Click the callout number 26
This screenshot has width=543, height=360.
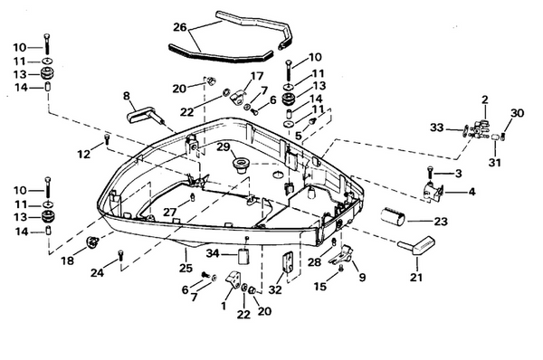tap(181, 27)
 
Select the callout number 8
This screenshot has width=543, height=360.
tap(127, 95)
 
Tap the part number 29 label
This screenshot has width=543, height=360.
tap(222, 146)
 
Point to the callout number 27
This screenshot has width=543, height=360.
tap(168, 212)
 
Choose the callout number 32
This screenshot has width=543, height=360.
tap(274, 290)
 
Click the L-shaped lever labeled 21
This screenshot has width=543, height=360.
tap(417, 244)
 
